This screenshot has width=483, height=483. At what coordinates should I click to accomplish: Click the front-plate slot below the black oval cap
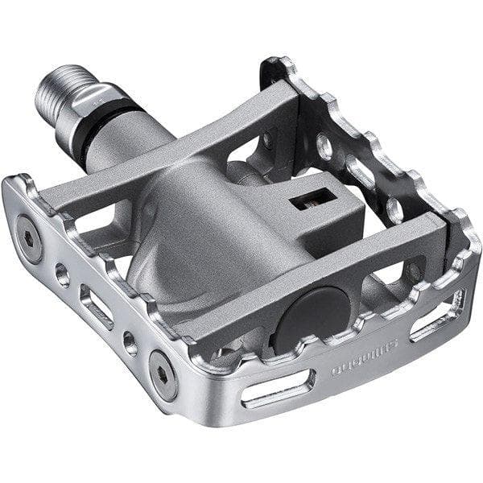(277, 389)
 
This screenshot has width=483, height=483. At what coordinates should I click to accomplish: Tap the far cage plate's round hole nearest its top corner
(324, 146)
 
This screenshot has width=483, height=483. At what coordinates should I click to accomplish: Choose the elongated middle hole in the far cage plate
(358, 174)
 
